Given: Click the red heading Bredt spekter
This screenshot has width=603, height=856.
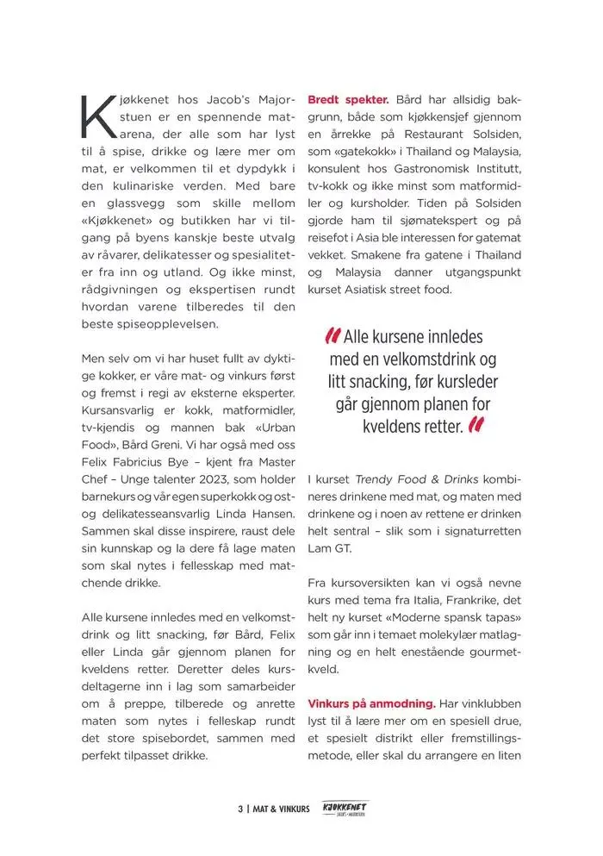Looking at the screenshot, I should (x=348, y=100).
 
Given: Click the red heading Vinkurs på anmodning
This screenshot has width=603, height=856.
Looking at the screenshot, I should (x=371, y=703).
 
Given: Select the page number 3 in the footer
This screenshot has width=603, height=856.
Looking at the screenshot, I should (x=240, y=809).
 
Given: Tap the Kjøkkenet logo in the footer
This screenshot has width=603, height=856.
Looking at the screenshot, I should (x=344, y=809).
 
